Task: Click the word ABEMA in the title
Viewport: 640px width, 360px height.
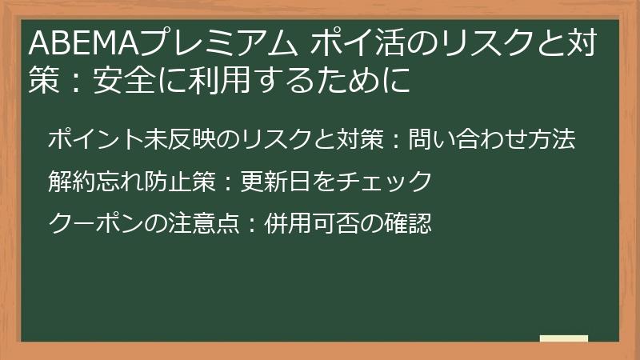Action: click(72, 44)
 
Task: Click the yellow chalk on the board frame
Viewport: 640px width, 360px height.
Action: click(564, 339)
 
